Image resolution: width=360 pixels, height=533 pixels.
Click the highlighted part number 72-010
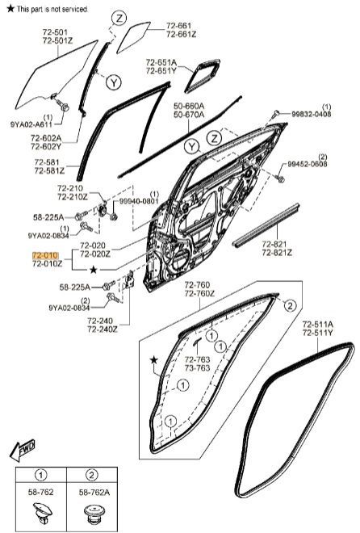click(x=45, y=255)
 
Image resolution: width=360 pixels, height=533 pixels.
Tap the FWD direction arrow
click(x=23, y=450)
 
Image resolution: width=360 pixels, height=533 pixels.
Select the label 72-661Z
click(x=181, y=35)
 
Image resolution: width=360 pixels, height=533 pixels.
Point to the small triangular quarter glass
click(x=132, y=36)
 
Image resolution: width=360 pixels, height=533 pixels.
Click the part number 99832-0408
click(x=312, y=114)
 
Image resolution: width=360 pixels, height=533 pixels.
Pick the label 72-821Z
click(x=277, y=253)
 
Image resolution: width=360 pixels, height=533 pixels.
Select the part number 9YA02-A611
click(x=31, y=124)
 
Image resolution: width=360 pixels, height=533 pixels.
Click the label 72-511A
click(x=318, y=324)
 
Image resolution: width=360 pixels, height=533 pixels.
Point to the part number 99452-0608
click(x=308, y=164)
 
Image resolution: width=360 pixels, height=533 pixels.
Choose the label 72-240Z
click(x=103, y=329)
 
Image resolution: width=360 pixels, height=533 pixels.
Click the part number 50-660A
click(x=189, y=106)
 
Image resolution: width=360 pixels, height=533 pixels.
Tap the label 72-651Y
click(x=161, y=71)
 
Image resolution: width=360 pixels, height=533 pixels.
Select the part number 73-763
click(x=197, y=367)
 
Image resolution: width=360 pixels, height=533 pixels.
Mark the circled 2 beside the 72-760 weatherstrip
click(x=290, y=305)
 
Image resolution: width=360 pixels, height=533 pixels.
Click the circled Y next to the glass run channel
click(x=114, y=82)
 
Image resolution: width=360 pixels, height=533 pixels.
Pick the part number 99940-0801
click(x=139, y=201)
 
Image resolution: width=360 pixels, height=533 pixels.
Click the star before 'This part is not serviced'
click(x=10, y=8)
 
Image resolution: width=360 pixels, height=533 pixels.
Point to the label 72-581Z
click(x=49, y=171)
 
